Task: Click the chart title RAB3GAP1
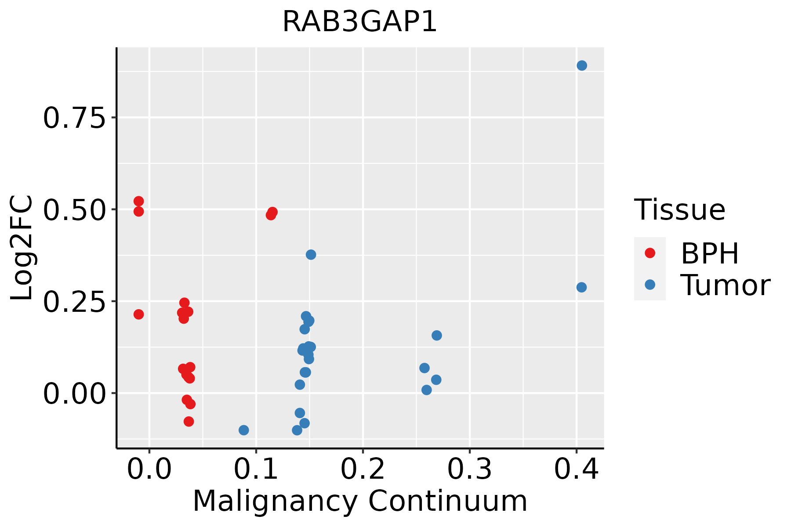359,21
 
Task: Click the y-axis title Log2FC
22,248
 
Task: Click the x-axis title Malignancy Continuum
359,501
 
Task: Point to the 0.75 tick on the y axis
75,118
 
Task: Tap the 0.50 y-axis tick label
75,209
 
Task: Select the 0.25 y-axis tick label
75,301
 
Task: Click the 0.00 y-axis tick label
75,393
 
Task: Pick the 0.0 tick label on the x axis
149,469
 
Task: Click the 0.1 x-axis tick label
256,469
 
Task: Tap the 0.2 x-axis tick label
363,469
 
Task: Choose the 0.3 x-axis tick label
470,469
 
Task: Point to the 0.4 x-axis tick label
576,469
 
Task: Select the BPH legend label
710,253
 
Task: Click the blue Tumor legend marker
649,285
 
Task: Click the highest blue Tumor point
582,66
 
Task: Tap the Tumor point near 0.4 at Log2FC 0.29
581,287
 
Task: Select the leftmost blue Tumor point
244,430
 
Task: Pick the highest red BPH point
139,202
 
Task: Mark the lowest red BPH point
189,422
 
